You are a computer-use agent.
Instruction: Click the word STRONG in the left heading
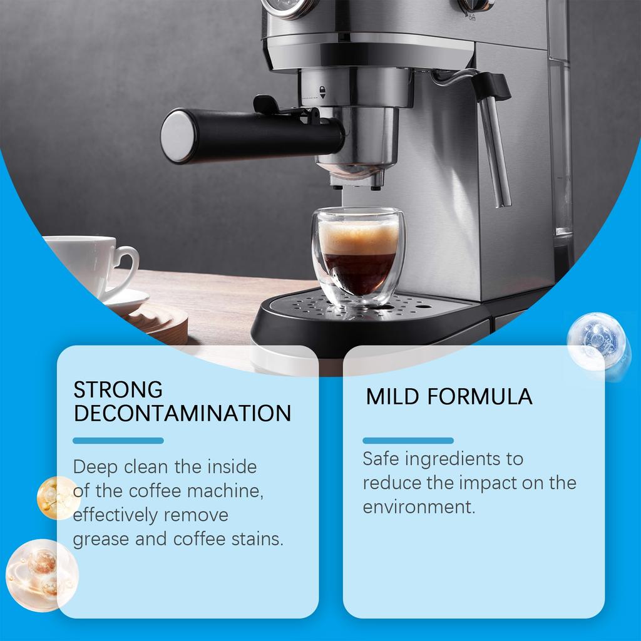coord(118,389)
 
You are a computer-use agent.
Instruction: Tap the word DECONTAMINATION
coord(182,413)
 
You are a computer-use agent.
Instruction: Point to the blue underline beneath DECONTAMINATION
coord(118,441)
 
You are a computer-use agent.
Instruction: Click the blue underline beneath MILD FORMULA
coord(408,441)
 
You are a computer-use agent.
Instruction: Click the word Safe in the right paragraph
coord(381,459)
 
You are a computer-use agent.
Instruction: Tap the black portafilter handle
coord(250,135)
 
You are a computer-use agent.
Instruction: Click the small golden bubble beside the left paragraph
coord(58,498)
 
